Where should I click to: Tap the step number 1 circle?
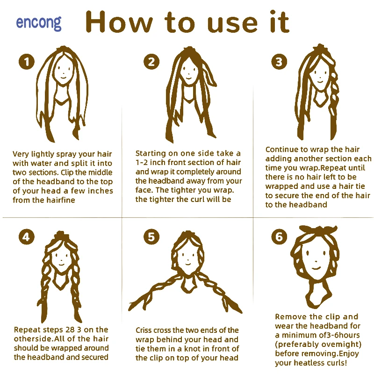click(27, 62)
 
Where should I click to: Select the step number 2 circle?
click(151, 62)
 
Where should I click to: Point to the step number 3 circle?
click(279, 62)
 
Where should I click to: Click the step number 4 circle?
click(27, 237)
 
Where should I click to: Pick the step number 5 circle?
click(151, 237)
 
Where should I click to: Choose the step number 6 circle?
click(279, 237)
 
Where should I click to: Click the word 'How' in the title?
click(119, 22)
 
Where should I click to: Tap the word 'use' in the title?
click(232, 25)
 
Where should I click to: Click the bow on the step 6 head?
click(318, 230)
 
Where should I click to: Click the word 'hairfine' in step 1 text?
click(61, 200)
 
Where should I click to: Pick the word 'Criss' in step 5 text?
click(144, 331)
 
